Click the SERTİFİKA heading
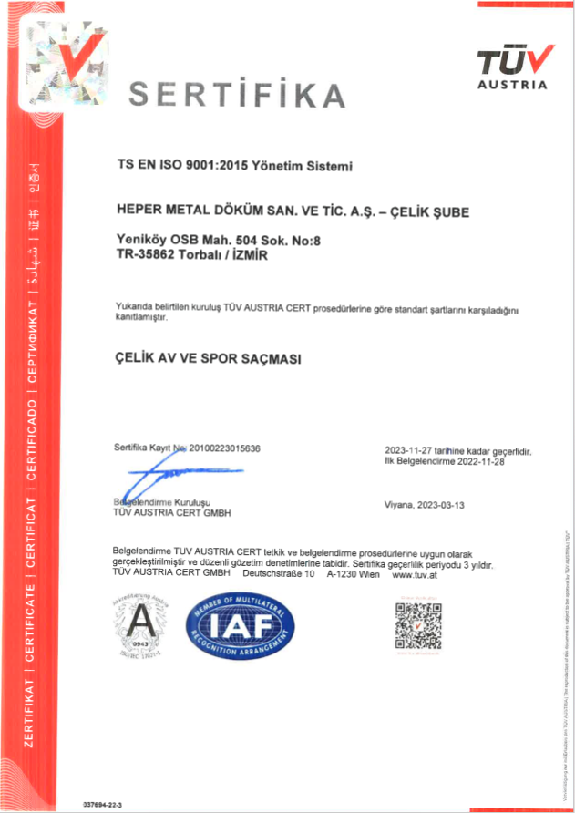236,94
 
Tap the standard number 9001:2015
211,166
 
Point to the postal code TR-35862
140,257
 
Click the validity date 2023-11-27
414,451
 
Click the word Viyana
401,504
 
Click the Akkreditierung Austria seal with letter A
140,624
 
